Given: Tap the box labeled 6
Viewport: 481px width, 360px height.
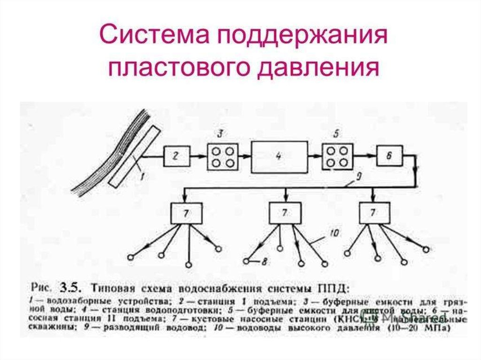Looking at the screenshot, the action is [388, 156].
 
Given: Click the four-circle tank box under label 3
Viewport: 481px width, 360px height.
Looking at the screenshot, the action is [223, 156].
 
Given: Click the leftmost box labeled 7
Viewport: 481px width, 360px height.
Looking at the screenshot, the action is [186, 214].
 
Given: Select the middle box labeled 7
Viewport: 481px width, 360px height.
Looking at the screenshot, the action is [285, 214].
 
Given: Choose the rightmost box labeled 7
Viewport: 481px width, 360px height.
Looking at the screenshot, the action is [374, 214].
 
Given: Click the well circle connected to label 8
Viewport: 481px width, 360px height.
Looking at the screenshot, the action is [247, 260].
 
